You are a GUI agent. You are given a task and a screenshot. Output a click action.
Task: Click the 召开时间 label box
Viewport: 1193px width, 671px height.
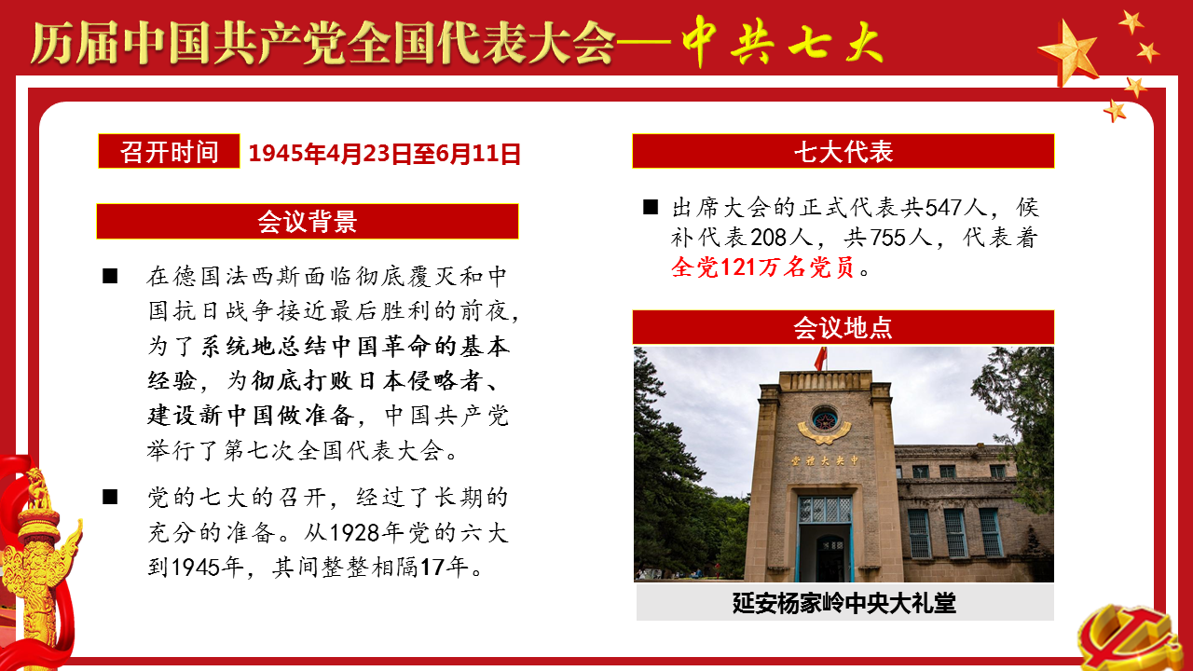pyautogui.click(x=169, y=151)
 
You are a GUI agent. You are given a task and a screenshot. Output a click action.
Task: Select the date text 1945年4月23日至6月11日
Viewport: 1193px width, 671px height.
pyautogui.click(x=384, y=154)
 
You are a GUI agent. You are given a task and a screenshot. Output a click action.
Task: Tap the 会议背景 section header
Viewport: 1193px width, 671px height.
pyautogui.click(x=308, y=221)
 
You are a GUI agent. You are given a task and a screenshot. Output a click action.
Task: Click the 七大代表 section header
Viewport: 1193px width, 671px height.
pyautogui.click(x=843, y=151)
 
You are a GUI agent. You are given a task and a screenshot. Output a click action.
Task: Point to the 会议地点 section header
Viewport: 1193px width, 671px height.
pyautogui.click(x=843, y=327)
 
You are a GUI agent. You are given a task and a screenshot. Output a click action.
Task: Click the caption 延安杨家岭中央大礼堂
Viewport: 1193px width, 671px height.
pyautogui.click(x=844, y=603)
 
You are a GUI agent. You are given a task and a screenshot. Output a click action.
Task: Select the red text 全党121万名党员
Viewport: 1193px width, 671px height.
pyautogui.click(x=763, y=267)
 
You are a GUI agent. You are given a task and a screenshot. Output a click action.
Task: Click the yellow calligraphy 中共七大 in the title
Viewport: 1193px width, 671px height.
pyautogui.click(x=781, y=42)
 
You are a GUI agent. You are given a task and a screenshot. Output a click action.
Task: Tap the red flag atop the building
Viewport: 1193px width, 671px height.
pyautogui.click(x=821, y=359)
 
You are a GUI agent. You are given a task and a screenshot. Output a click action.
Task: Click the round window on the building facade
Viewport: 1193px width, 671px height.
pyautogui.click(x=825, y=419)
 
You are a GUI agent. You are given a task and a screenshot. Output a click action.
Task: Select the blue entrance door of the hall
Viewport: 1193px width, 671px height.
pyautogui.click(x=825, y=538)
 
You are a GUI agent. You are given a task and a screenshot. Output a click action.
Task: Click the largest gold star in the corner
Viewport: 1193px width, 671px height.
pyautogui.click(x=1068, y=53)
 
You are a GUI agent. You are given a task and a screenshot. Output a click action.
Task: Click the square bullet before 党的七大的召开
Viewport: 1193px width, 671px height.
pyautogui.click(x=110, y=497)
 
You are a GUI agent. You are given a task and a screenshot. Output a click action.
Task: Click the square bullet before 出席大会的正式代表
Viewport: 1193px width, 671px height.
pyautogui.click(x=651, y=207)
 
